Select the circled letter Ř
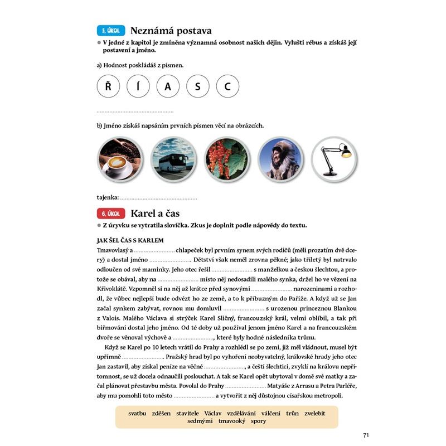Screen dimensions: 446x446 click(108, 86)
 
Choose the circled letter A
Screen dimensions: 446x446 click(168, 86)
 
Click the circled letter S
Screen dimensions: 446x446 click(198, 86)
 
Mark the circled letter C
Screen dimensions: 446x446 click(227, 86)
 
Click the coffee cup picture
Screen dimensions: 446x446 click(120, 158)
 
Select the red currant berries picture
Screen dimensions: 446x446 click(227, 158)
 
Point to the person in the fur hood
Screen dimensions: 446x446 click(280, 158)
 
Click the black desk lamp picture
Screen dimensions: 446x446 click(334, 158)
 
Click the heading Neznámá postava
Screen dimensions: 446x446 click(171, 31)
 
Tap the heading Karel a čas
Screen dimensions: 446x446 click(155, 214)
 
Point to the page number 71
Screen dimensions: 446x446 click(366, 435)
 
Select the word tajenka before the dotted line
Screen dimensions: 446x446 click(108, 197)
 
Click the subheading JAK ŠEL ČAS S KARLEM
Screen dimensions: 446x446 click(130, 240)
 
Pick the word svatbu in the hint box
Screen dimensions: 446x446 click(137, 413)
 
